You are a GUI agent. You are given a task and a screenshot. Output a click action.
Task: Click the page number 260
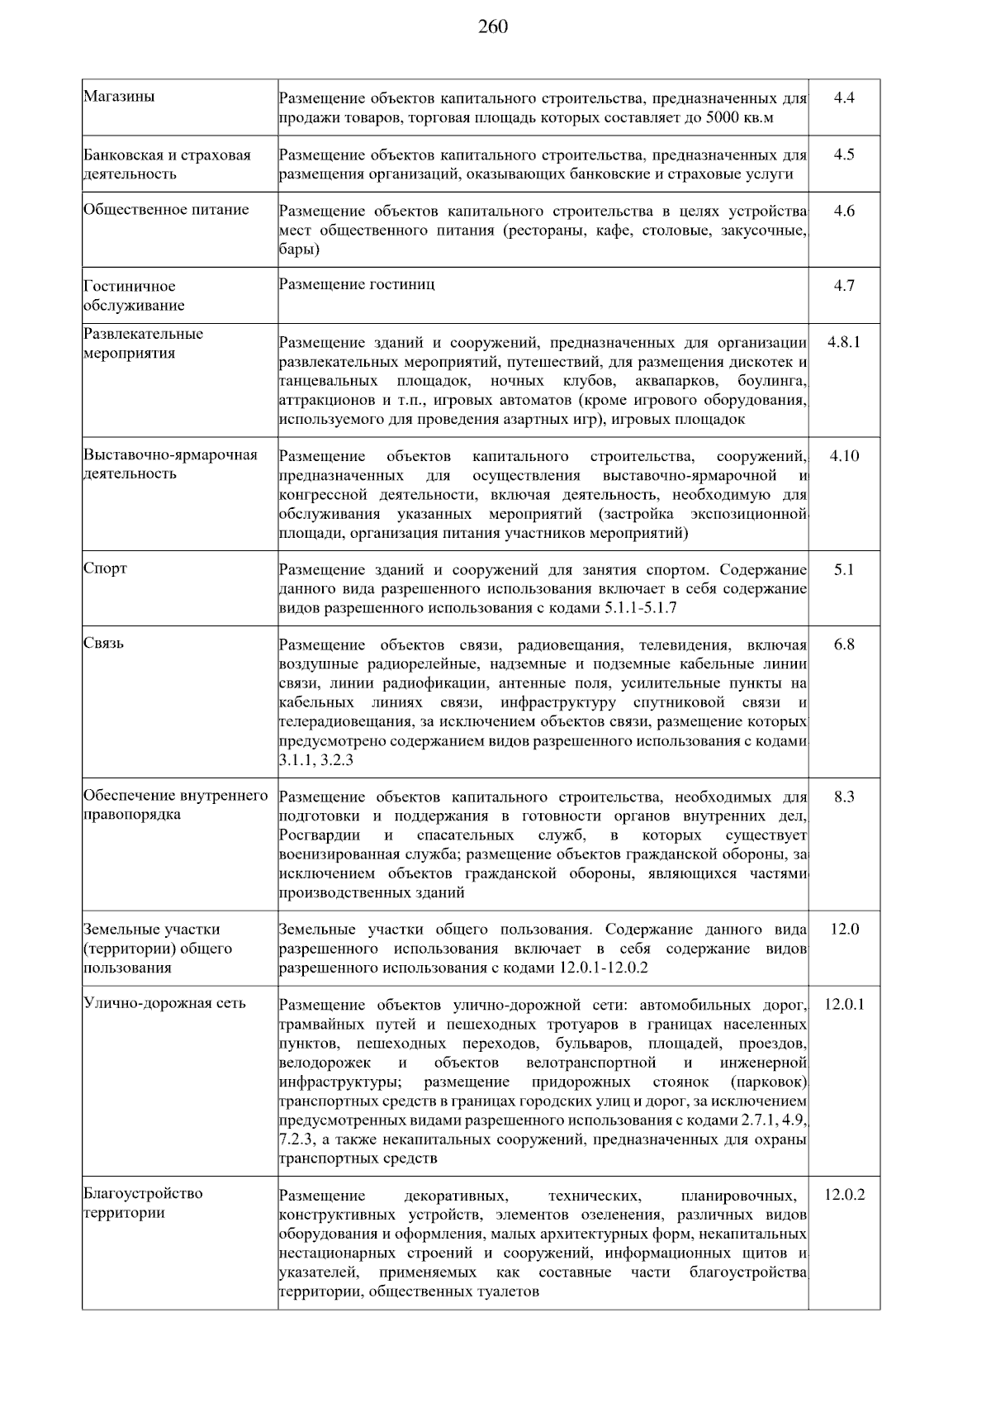[x=493, y=27]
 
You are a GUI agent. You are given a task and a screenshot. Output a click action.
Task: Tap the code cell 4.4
[x=844, y=98]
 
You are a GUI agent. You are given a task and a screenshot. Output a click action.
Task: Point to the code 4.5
[x=844, y=155]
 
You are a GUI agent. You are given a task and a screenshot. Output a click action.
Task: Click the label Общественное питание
[x=166, y=210]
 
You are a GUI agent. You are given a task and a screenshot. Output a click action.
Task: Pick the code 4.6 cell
[x=844, y=211]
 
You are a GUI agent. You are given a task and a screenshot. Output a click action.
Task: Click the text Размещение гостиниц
[x=357, y=285]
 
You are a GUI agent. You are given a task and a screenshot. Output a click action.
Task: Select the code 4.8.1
[x=844, y=342]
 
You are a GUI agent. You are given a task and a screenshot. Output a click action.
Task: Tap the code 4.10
[x=844, y=456]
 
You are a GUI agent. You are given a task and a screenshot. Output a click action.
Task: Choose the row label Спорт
[x=105, y=569]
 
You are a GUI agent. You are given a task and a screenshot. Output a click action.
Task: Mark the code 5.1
[x=844, y=570]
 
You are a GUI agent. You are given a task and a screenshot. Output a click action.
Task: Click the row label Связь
[x=103, y=644]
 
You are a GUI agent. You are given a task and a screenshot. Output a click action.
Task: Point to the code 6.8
[x=844, y=644]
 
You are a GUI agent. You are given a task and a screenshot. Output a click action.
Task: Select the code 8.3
[x=844, y=797]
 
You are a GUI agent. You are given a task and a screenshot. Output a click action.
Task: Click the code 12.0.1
[x=844, y=1005]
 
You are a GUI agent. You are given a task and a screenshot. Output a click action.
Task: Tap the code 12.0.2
[x=844, y=1195]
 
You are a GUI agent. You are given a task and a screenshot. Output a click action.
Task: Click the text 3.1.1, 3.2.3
[x=316, y=759]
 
